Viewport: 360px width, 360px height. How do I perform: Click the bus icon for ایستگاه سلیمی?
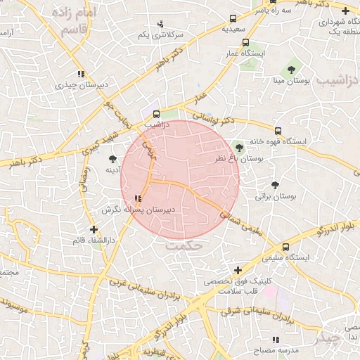pos(285,247)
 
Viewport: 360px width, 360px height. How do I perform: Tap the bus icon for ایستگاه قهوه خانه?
pos(278,131)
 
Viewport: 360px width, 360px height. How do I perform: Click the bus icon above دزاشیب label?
pos(155,112)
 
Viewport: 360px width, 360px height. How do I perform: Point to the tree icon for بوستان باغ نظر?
pos(239,147)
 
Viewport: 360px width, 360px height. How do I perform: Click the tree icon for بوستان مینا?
pos(290,69)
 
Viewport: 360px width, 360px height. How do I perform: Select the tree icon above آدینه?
pos(112,159)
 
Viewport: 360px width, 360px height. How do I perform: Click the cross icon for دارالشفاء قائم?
pos(94,229)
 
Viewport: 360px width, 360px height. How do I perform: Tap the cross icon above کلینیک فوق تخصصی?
pos(238,270)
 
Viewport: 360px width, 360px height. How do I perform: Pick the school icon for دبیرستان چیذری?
pos(82,74)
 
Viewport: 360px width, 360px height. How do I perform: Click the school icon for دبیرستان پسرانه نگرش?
pos(137,199)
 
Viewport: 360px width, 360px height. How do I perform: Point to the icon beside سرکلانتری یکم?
pos(160,24)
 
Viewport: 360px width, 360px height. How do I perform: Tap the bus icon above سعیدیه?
pos(234,19)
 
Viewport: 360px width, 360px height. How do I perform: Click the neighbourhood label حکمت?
pos(184,247)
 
